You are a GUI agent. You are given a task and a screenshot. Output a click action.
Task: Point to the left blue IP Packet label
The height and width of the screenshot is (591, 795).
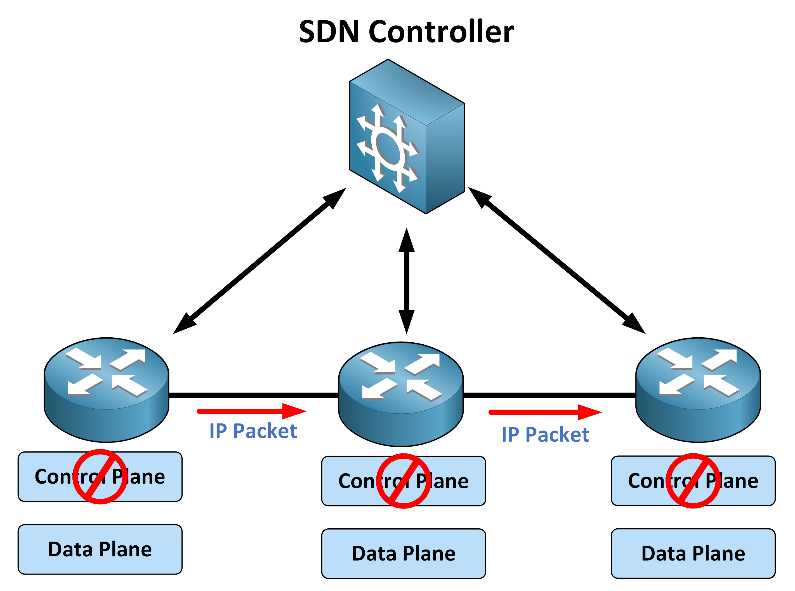(x=253, y=431)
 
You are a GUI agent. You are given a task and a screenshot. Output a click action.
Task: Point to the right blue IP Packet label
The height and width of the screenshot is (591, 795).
(x=545, y=435)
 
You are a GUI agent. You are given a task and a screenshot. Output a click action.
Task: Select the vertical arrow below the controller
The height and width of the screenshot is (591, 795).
(x=406, y=281)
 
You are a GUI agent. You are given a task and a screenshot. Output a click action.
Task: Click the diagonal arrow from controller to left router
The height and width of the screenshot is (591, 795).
(x=259, y=261)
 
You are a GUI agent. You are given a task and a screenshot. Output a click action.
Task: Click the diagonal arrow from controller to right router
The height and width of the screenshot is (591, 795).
(x=556, y=260)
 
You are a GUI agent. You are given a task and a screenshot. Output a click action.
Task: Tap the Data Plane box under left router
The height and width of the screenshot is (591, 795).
(x=100, y=549)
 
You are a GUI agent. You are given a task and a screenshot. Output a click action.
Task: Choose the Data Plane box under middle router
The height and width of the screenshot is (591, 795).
(x=404, y=554)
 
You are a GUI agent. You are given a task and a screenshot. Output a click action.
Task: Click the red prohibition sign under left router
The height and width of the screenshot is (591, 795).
(x=100, y=477)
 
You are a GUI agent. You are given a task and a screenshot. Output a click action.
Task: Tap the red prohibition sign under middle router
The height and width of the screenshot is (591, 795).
(x=404, y=481)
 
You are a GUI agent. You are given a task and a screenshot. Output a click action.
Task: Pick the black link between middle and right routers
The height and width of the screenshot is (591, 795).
(x=549, y=395)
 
